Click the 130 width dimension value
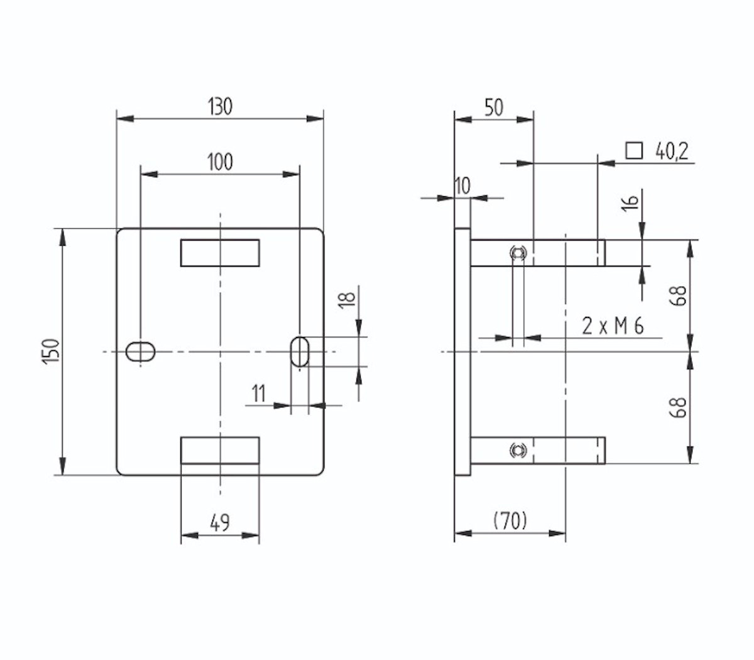tap(220, 106)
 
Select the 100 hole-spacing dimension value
tap(220, 162)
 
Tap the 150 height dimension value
tap(52, 351)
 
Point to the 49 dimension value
tap(220, 522)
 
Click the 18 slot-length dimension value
tap(347, 299)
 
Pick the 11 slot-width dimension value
tap(258, 393)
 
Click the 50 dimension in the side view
tap(493, 107)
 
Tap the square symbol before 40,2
tap(634, 151)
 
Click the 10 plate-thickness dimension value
tap(462, 186)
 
